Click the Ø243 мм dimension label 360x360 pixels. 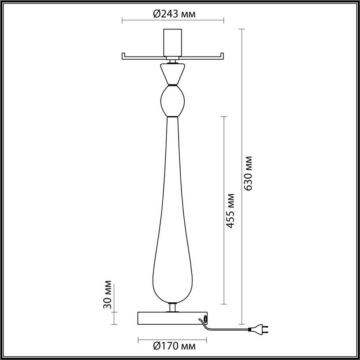[x=174, y=14]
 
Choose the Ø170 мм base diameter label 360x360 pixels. [x=174, y=347]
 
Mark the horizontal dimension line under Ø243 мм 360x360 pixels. [x=173, y=20]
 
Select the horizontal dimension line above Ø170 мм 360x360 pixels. [x=173, y=338]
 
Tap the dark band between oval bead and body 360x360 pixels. [x=173, y=117]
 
